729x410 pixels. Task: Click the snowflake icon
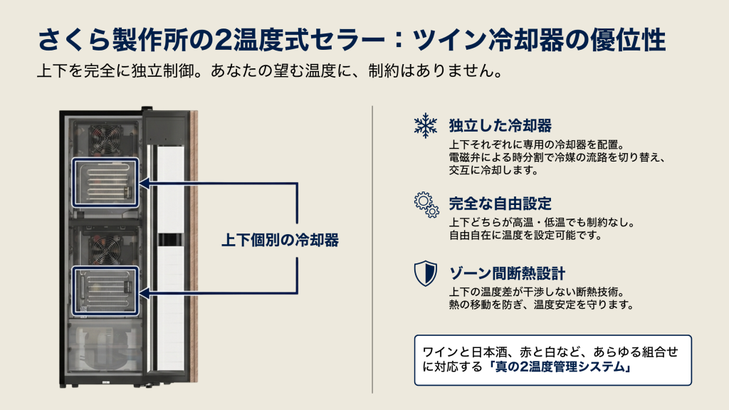click(x=426, y=125)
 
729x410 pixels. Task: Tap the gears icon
click(x=426, y=204)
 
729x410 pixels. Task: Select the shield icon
click(x=426, y=273)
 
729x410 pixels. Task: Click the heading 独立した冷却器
click(x=500, y=125)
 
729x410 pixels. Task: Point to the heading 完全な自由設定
click(x=500, y=204)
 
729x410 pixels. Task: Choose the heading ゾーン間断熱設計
click(x=507, y=273)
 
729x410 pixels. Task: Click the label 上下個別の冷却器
click(x=280, y=240)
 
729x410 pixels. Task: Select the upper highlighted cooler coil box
click(x=105, y=183)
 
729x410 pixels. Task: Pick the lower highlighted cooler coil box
click(x=105, y=291)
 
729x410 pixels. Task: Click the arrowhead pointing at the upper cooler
click(x=144, y=183)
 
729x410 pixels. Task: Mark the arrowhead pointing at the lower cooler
click(x=144, y=293)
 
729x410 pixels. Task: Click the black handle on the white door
click(x=170, y=239)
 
